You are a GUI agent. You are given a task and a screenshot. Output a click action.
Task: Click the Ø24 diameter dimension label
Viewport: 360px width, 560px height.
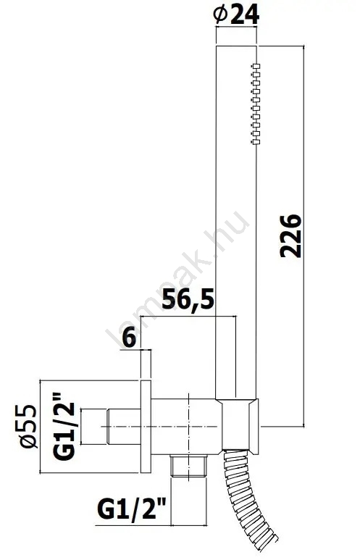pyautogui.click(x=235, y=15)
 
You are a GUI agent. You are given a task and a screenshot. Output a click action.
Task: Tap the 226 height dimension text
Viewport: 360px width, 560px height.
pyautogui.click(x=290, y=235)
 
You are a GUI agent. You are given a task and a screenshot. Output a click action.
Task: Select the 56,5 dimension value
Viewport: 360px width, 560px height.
pyautogui.click(x=188, y=301)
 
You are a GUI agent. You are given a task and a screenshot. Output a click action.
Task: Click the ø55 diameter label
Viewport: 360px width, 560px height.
pyautogui.click(x=27, y=426)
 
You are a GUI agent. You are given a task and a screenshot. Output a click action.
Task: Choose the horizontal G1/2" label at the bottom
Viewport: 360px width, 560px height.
pyautogui.click(x=132, y=509)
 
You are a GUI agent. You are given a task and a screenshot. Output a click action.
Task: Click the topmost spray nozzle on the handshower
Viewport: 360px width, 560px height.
pyautogui.click(x=256, y=66)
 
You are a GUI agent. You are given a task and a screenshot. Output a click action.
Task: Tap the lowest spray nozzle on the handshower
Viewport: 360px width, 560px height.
pyautogui.click(x=256, y=143)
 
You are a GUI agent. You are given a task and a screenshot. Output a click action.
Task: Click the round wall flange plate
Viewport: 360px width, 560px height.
pyautogui.click(x=146, y=427)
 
